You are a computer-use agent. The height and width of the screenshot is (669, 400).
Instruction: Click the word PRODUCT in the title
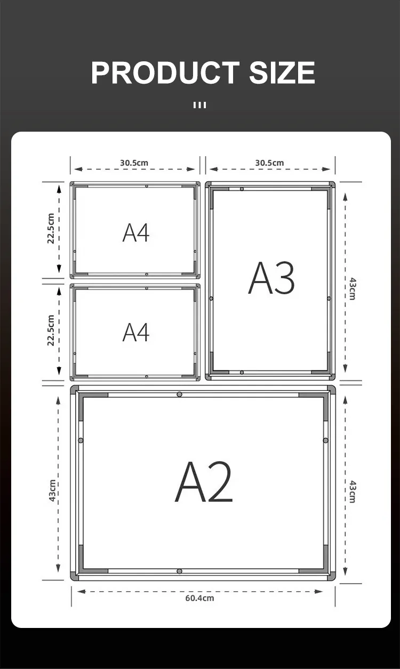(165, 72)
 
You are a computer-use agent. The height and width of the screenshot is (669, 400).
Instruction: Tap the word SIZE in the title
(282, 72)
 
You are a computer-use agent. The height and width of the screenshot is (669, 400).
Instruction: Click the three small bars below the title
(199, 105)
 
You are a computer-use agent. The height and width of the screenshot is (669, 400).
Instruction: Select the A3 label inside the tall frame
(271, 278)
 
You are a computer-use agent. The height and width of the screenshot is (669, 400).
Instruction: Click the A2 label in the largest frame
(204, 481)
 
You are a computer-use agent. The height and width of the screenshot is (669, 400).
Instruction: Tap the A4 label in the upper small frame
(136, 233)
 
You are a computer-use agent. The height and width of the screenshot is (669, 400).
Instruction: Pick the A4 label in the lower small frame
(136, 332)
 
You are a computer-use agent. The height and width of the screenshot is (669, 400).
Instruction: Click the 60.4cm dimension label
(199, 598)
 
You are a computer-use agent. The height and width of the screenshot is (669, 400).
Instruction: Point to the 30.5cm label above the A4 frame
(134, 163)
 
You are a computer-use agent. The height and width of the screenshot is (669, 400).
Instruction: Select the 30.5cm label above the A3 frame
(269, 163)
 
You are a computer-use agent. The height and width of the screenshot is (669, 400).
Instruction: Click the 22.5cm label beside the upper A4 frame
(51, 229)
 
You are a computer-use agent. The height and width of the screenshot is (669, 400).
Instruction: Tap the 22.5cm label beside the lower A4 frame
(51, 330)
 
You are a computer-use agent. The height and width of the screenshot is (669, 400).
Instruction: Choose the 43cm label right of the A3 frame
(353, 289)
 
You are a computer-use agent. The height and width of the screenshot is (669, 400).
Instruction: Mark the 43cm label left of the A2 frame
(52, 491)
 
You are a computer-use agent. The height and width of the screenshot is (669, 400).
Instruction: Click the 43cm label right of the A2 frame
(353, 492)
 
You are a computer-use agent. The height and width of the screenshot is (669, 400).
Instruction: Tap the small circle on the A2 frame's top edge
(179, 394)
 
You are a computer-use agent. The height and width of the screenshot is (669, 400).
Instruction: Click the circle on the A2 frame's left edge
(81, 440)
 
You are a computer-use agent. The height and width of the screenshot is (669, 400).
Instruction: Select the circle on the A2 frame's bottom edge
(179, 571)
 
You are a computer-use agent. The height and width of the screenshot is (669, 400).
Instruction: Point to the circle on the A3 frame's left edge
(211, 299)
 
